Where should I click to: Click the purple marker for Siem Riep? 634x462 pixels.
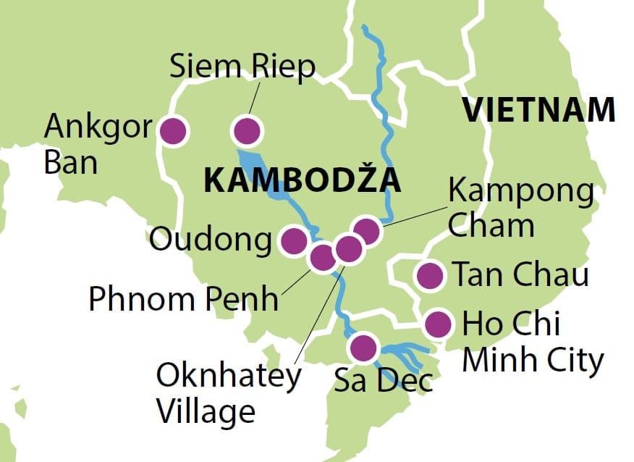(247, 131)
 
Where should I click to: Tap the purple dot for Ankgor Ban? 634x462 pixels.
(173, 131)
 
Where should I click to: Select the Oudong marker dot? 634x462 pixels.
(293, 241)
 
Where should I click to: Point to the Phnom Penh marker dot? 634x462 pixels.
(322, 256)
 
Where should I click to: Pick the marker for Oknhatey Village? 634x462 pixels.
(348, 249)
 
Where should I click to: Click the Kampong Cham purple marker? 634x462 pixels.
(367, 231)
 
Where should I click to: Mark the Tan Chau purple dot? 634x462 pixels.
(430, 275)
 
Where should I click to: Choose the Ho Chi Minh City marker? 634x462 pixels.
(437, 324)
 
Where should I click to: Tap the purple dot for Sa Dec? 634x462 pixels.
(362, 348)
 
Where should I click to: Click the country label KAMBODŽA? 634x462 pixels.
(303, 180)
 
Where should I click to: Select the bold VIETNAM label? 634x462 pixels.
(539, 110)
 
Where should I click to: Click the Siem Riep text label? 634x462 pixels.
(242, 67)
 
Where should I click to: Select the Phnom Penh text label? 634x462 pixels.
(183, 298)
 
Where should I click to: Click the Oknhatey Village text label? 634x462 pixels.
(228, 393)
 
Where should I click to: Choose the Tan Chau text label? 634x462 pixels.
(520, 275)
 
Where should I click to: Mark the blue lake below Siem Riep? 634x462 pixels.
(268, 177)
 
